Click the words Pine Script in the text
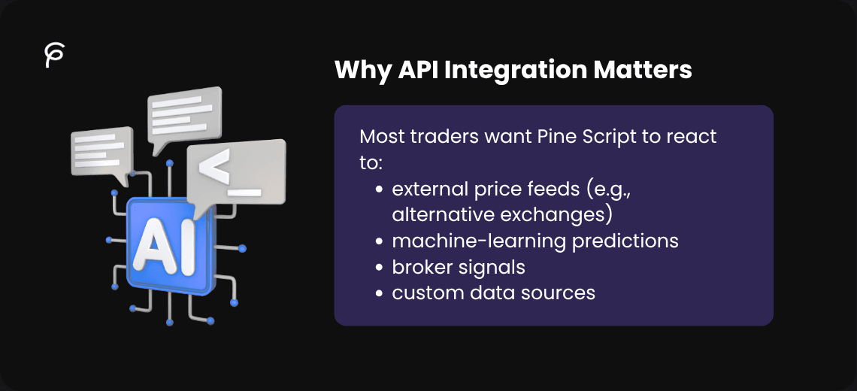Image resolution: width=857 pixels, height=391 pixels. click(580, 137)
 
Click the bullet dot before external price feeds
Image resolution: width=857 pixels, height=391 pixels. click(380, 189)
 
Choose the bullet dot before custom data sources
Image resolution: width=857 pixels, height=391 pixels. click(380, 293)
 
